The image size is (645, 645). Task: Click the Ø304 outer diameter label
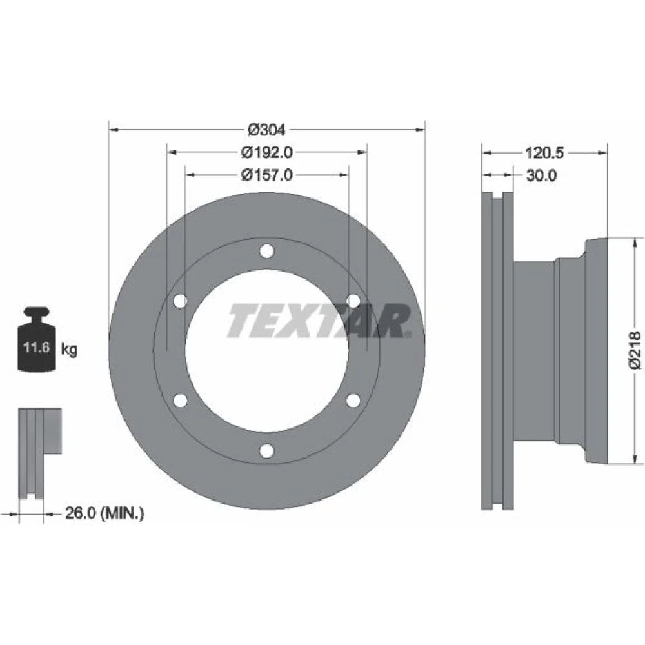(x=266, y=130)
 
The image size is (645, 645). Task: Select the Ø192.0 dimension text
(x=266, y=153)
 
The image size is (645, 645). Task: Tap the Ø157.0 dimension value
(x=266, y=175)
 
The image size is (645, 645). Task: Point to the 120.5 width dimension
(x=544, y=153)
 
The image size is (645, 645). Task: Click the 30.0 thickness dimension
(x=541, y=175)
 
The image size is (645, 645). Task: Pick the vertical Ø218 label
(x=635, y=350)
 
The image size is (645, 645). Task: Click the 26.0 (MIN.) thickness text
(x=104, y=513)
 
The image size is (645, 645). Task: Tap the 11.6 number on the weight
(x=36, y=348)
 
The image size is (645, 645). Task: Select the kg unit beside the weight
(x=69, y=350)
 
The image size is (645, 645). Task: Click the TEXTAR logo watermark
(x=319, y=321)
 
